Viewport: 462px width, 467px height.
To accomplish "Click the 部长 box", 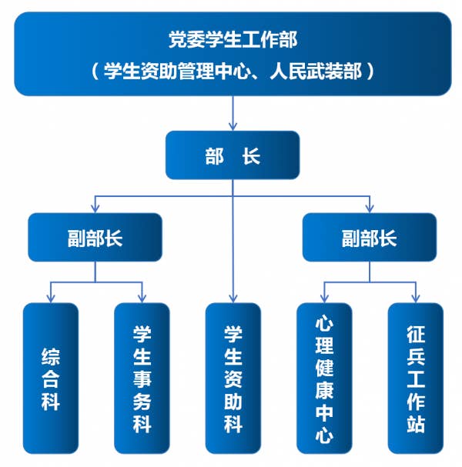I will point(233,155).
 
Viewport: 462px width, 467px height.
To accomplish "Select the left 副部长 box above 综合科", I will point(95,237).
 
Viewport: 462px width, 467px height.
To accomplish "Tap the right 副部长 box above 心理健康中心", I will point(369,237).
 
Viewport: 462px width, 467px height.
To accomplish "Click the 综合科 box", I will point(51,378).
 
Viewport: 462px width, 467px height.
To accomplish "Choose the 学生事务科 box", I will point(142,378).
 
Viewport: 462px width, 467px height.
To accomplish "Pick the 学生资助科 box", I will point(233,378).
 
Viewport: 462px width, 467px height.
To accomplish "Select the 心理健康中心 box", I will point(324,378).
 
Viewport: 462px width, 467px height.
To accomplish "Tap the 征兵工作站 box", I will point(416,378).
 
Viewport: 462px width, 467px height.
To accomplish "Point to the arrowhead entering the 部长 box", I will point(233,126).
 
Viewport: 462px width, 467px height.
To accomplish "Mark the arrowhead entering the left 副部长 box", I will point(95,208).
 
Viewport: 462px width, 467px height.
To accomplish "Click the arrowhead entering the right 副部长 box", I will point(370,208).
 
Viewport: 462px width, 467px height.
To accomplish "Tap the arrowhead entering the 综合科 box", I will point(51,298).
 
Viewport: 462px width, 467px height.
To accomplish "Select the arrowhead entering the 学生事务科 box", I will point(142,298).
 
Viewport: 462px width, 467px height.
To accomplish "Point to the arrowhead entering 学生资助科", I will point(233,298).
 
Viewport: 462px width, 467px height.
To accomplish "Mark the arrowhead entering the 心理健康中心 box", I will point(324,298).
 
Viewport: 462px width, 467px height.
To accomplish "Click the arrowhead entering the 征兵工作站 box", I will point(416,298).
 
